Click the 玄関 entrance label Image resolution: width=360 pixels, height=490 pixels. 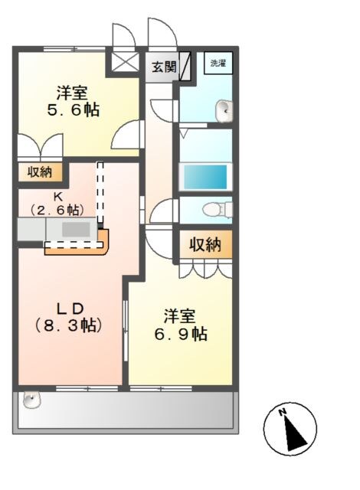(162, 67)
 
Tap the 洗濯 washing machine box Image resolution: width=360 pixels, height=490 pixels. (218, 63)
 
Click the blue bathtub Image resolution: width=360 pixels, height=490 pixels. (205, 175)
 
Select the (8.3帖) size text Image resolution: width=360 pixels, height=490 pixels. (70, 324)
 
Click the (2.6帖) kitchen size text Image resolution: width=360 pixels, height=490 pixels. (57, 208)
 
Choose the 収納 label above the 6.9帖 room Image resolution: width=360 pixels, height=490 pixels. (205, 245)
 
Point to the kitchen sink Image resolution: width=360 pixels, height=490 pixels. (74, 228)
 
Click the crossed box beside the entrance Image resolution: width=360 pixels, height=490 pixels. (123, 62)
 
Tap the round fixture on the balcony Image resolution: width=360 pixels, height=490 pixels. (31, 400)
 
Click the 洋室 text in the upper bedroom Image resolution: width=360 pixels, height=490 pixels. (71, 93)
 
